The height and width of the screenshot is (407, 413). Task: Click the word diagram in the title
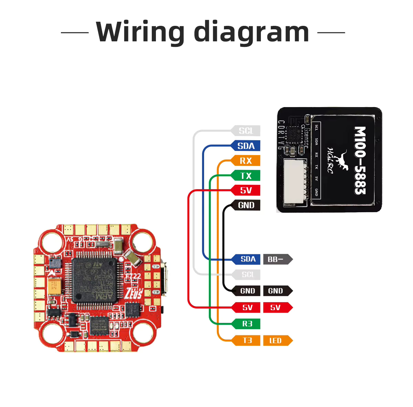251,33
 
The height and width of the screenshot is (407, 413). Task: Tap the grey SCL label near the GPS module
246,131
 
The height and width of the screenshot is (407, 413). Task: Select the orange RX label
246,161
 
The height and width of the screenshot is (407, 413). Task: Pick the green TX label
246,176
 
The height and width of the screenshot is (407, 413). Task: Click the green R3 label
247,324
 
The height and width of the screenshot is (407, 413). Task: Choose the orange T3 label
247,340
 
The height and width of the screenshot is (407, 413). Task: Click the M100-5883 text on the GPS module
360,161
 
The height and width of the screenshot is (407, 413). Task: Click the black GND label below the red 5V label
246,205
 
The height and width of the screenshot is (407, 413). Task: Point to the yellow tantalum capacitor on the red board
54,286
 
